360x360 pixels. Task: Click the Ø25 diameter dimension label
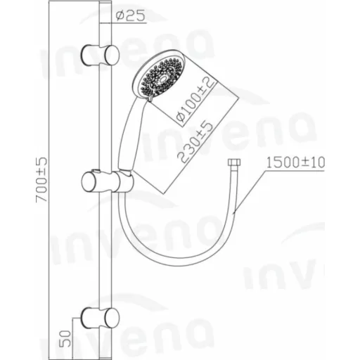(131, 16)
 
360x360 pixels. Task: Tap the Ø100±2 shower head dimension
(196, 101)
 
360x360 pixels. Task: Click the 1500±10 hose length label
(295, 162)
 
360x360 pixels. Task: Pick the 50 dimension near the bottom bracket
(67, 338)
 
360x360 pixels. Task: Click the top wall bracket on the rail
(100, 55)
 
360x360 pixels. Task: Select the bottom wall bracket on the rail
(100, 318)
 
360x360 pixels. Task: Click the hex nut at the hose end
(234, 162)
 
